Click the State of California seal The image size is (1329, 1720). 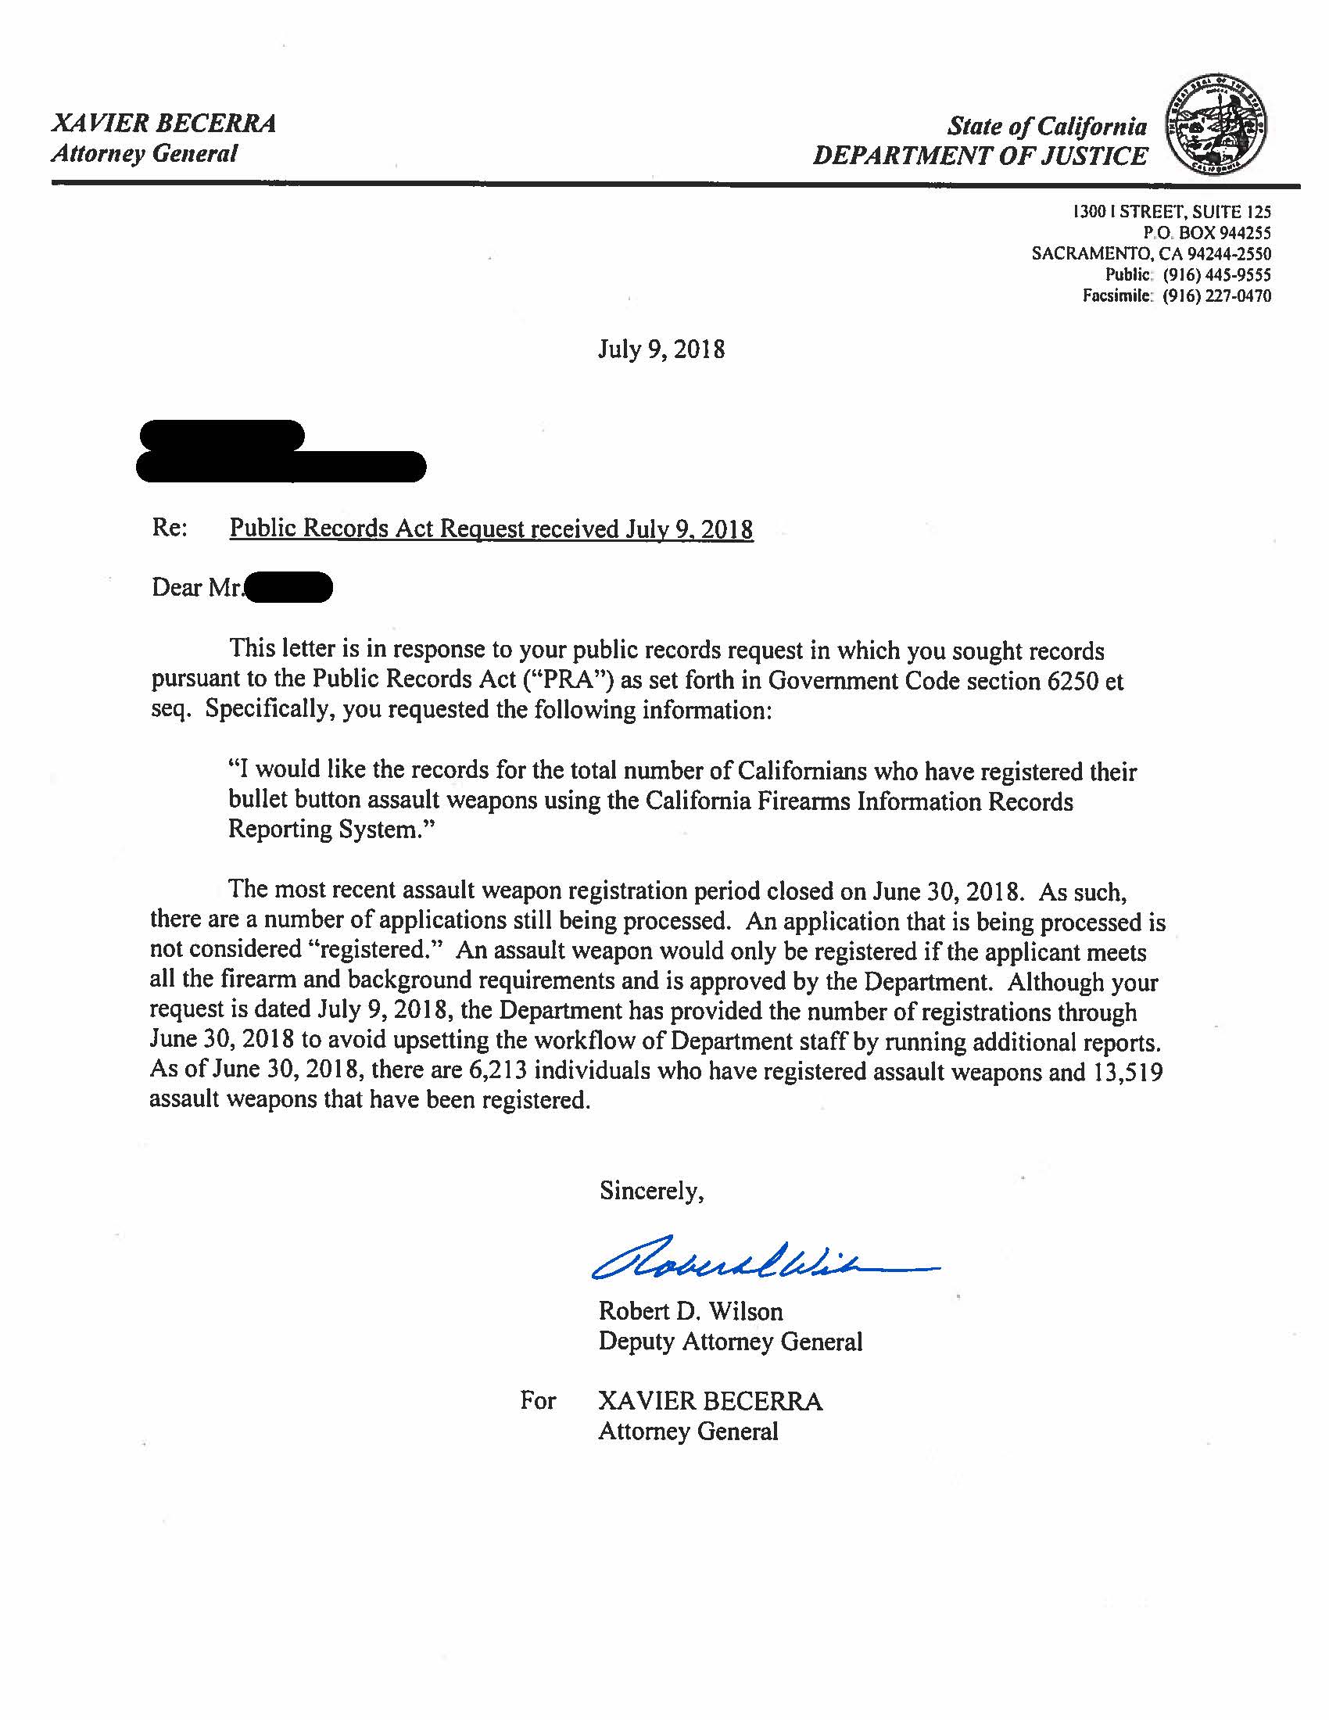click(1216, 126)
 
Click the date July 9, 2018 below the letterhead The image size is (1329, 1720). click(661, 349)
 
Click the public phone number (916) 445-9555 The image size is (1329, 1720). click(1216, 275)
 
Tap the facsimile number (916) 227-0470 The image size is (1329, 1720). click(1216, 296)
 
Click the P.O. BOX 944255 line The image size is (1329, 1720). click(1207, 233)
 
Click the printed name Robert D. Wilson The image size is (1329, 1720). click(690, 1311)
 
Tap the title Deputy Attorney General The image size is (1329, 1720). click(730, 1341)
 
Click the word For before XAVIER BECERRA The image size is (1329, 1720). click(538, 1400)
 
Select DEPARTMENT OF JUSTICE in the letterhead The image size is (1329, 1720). click(980, 155)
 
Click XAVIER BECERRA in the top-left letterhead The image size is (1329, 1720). click(163, 124)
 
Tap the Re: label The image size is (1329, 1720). click(170, 528)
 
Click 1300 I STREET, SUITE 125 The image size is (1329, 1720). click(1173, 212)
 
